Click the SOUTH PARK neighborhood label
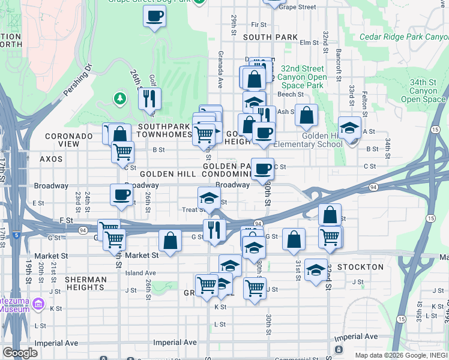click(x=270, y=37)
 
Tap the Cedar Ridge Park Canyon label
click(x=403, y=37)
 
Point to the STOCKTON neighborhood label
click(x=360, y=266)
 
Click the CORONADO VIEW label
click(x=70, y=140)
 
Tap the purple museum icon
click(x=39, y=304)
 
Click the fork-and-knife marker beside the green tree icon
click(x=149, y=98)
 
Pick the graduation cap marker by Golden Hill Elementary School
click(x=350, y=127)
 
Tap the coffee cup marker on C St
click(x=262, y=169)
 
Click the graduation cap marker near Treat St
click(x=209, y=197)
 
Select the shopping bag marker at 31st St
click(x=294, y=239)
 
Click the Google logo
click(x=20, y=353)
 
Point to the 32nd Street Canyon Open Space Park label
click(x=301, y=77)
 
